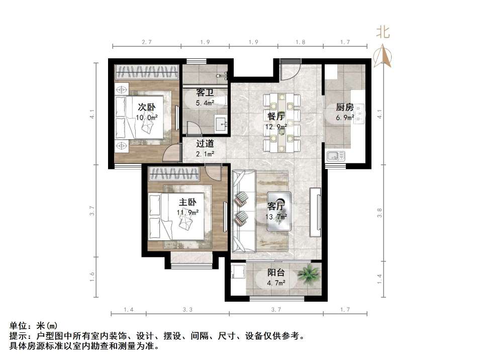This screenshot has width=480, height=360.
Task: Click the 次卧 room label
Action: [146, 107]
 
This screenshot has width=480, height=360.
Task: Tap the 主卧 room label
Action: [187, 202]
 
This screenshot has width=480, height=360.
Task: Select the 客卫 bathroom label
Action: [205, 93]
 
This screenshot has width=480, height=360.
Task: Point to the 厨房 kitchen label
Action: [345, 107]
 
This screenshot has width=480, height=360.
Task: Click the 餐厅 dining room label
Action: [276, 116]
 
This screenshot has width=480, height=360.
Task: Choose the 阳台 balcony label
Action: [276, 273]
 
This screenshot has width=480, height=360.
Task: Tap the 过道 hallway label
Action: [205, 143]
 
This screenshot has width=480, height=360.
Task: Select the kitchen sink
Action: [335, 156]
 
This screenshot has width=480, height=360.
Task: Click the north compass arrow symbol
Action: [385, 55]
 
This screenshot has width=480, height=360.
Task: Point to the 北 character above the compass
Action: [383, 32]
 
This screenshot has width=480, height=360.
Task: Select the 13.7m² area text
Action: [276, 217]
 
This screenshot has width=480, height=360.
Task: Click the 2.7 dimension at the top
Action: [146, 42]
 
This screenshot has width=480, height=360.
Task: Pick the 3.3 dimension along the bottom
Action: [187, 309]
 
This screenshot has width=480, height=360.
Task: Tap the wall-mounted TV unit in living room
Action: [316, 212]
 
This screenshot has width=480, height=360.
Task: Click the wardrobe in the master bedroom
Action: [173, 174]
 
